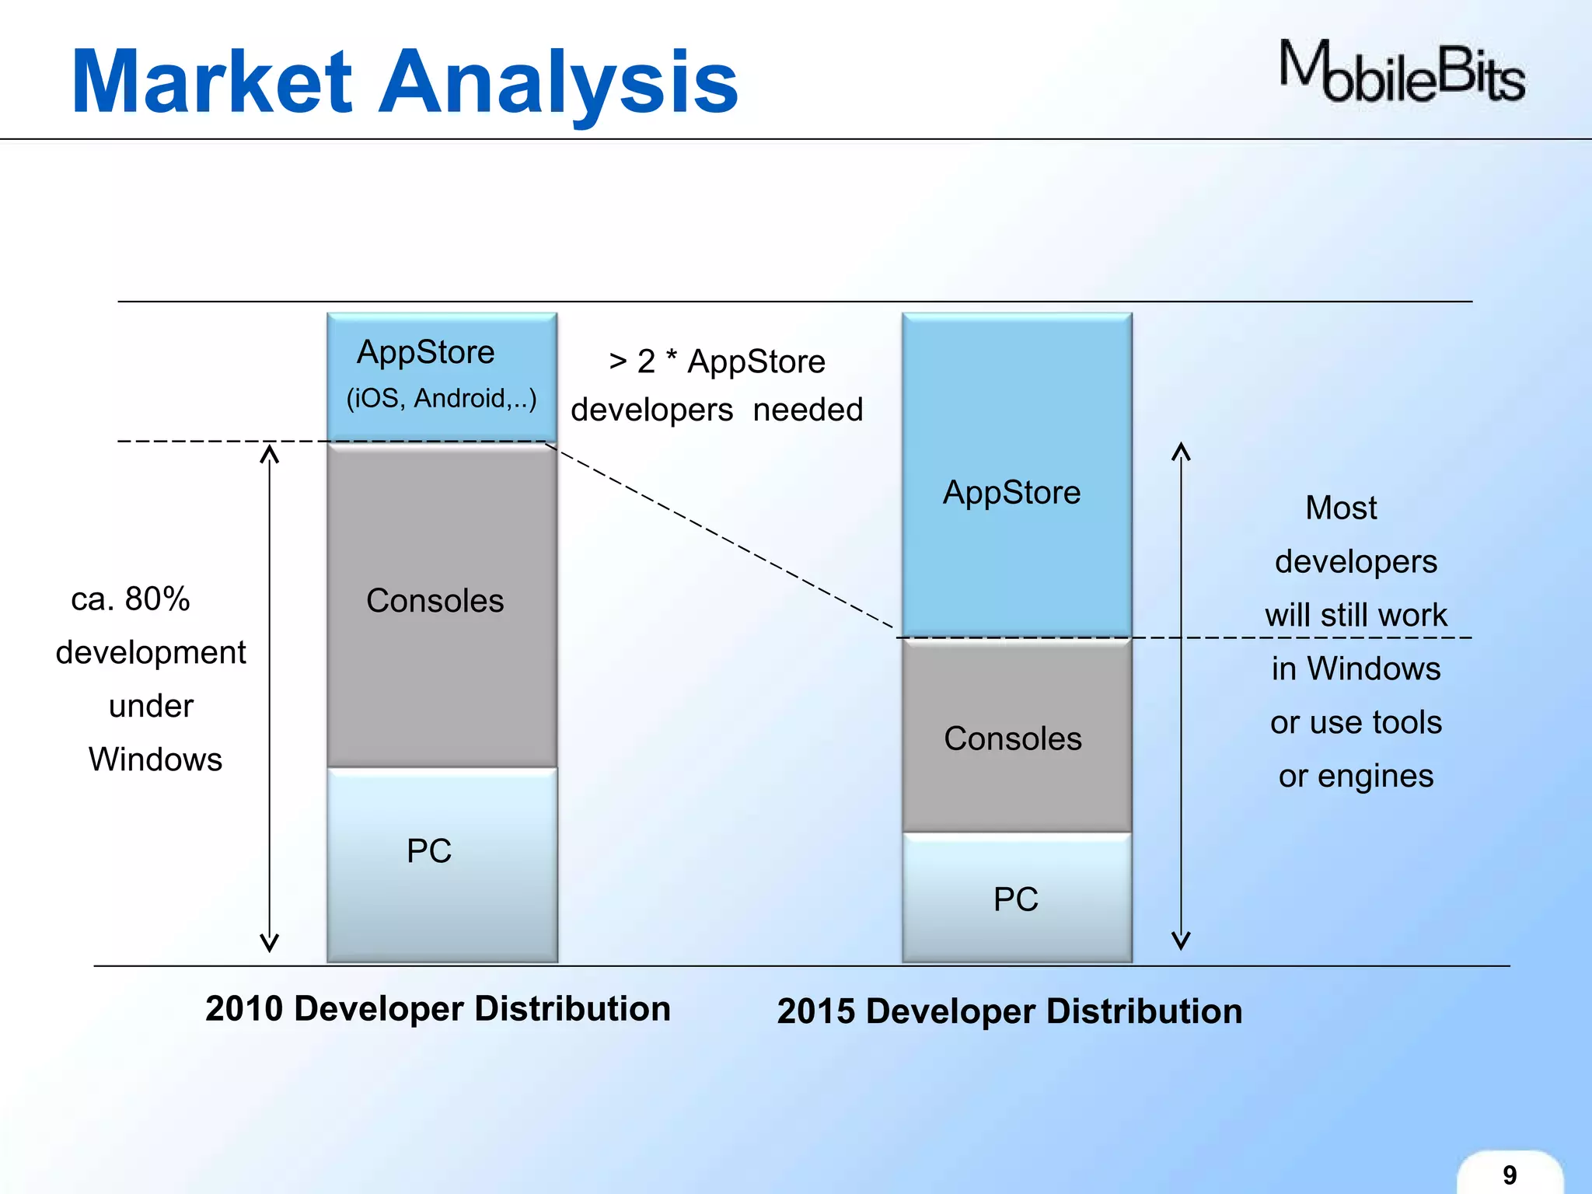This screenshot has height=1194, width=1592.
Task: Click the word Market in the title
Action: click(x=211, y=82)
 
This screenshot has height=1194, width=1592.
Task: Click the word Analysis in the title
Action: click(x=558, y=82)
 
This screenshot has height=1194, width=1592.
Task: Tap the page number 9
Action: click(x=1509, y=1175)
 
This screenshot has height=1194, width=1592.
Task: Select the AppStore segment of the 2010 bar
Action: click(x=442, y=376)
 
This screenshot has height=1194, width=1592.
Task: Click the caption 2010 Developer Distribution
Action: click(x=438, y=1008)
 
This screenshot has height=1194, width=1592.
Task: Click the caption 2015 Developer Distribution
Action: click(x=1010, y=1011)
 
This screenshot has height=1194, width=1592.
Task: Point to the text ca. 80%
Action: click(x=131, y=599)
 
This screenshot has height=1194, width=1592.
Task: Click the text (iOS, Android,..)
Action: click(x=442, y=398)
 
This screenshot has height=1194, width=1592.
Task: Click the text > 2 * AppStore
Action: click(x=717, y=361)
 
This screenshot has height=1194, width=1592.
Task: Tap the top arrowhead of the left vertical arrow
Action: click(x=269, y=452)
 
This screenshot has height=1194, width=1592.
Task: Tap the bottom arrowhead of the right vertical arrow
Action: click(x=1181, y=941)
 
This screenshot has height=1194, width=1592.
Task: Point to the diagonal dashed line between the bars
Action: click(x=723, y=536)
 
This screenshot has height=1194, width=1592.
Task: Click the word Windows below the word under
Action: click(x=155, y=759)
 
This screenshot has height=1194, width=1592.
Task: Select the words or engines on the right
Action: click(x=1356, y=776)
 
